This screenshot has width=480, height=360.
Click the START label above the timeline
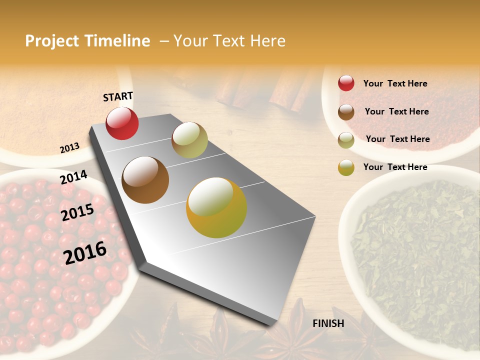click(118, 96)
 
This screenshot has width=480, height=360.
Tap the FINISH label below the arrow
click(328, 323)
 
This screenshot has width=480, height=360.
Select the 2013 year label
click(69, 148)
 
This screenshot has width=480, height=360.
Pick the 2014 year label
click(73, 177)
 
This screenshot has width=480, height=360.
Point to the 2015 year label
click(77, 212)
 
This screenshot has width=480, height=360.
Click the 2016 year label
click(85, 252)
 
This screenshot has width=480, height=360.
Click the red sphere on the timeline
click(122, 123)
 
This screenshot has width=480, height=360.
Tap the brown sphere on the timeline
click(145, 180)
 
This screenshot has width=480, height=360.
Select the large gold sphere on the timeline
click(216, 207)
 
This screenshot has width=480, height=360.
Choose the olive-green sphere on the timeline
click(189, 140)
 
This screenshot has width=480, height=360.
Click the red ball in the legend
click(346, 83)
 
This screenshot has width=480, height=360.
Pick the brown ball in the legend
click(346, 111)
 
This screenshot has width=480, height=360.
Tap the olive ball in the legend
click(346, 139)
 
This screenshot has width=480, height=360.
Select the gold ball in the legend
click(346, 167)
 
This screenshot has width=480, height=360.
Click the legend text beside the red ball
click(395, 83)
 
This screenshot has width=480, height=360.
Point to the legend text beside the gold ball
click(395, 167)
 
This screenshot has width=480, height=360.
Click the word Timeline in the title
click(117, 41)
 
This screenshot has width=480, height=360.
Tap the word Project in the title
click(52, 41)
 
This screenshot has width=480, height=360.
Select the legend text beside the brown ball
click(396, 111)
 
